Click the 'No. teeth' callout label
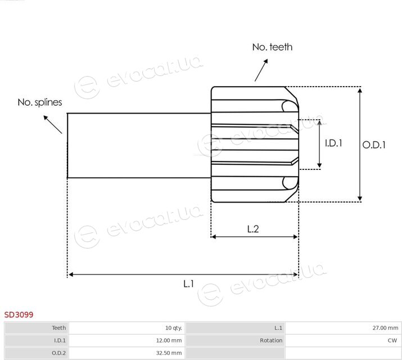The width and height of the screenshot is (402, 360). [x=272, y=47]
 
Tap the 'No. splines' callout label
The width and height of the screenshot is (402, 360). [x=40, y=102]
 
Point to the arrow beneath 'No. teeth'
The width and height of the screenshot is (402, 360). [x=261, y=70]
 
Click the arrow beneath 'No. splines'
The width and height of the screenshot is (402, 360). [x=52, y=125]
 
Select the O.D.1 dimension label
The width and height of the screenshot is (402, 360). [x=374, y=145]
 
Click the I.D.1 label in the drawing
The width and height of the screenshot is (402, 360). [x=333, y=143]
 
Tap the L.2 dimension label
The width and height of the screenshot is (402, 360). [x=253, y=229]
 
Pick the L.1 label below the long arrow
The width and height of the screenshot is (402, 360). [x=188, y=283]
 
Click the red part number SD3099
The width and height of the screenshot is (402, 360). [x=19, y=314]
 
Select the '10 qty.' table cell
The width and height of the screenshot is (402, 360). [x=174, y=328]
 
